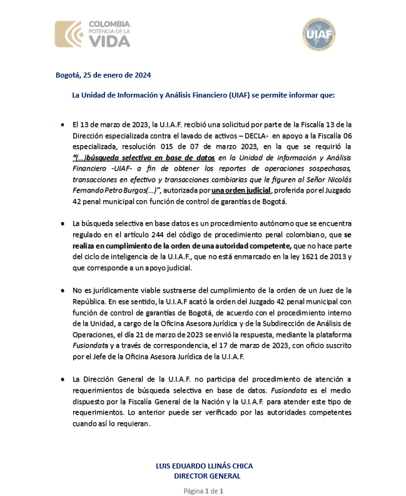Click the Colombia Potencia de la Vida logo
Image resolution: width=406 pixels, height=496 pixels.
click(x=93, y=34)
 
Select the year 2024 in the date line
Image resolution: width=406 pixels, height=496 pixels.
click(x=141, y=76)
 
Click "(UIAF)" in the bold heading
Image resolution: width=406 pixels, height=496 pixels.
click(x=232, y=96)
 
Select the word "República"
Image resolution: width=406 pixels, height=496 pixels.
click(x=90, y=301)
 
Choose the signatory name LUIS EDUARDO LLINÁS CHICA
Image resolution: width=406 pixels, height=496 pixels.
click(x=204, y=467)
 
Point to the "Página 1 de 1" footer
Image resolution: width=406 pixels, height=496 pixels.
click(x=203, y=491)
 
